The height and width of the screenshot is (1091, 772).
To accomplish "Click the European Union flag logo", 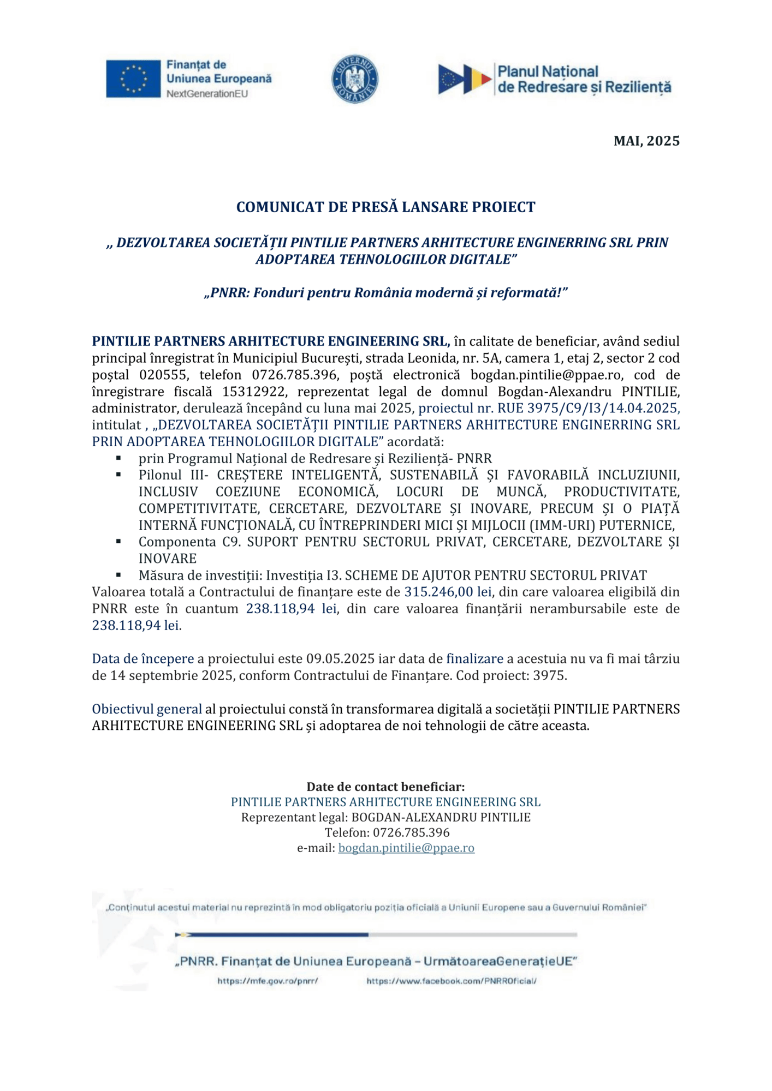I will pyautogui.click(x=133, y=79).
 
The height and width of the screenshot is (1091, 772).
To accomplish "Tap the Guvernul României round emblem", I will pyautogui.click(x=355, y=79).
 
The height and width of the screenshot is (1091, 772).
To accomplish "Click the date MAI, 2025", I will pyautogui.click(x=646, y=141).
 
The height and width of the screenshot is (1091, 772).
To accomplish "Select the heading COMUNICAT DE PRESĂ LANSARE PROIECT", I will pyautogui.click(x=385, y=207).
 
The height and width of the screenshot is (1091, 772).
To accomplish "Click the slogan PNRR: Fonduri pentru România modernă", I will pyautogui.click(x=385, y=293).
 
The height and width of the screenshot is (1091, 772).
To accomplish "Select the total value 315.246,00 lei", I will pyautogui.click(x=448, y=592).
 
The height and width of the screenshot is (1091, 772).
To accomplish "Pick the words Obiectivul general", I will pyautogui.click(x=147, y=709).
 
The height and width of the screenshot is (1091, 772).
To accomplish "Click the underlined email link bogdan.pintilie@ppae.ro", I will pyautogui.click(x=406, y=848).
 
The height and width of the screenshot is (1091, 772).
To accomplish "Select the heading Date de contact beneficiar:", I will pyautogui.click(x=385, y=787).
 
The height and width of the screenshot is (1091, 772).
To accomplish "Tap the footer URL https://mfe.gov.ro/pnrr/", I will pyautogui.click(x=268, y=981).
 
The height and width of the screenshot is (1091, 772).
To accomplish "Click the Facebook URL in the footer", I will pyautogui.click(x=451, y=981).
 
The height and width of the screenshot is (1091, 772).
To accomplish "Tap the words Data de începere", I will pyautogui.click(x=142, y=659).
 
